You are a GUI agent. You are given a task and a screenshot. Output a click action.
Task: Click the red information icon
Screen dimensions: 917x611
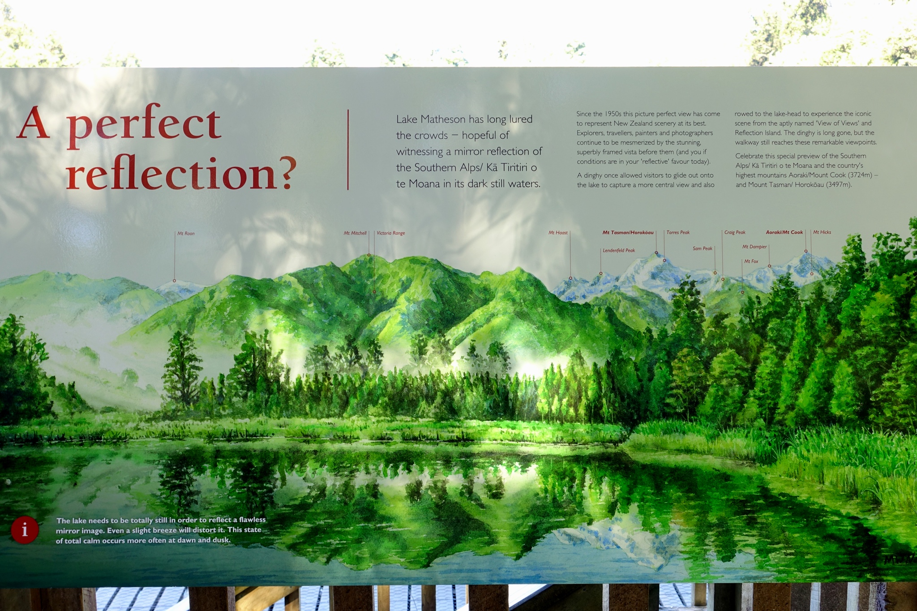pos(25,530)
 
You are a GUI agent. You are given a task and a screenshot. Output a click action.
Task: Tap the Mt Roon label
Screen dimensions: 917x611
pos(186,234)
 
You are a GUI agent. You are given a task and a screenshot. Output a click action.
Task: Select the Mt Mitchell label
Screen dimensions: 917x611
pos(355,233)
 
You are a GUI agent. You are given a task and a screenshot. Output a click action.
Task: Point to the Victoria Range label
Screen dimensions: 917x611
pos(391,233)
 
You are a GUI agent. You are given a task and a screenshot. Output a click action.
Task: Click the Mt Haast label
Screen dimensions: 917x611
pos(558,233)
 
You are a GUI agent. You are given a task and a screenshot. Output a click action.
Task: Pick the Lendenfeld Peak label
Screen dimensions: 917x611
pos(619,251)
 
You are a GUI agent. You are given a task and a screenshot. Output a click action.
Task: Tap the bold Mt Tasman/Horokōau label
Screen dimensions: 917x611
pos(628,233)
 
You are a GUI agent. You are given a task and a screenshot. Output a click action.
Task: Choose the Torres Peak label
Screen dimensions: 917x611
pos(678,233)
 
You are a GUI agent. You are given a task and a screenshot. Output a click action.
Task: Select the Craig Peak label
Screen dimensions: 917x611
pos(735,233)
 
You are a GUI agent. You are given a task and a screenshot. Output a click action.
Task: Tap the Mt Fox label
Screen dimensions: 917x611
pos(751,261)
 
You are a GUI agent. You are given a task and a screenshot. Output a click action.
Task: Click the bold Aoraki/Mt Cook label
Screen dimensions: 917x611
pos(784,232)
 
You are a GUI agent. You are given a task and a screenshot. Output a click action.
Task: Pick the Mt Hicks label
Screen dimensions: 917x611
pos(822,232)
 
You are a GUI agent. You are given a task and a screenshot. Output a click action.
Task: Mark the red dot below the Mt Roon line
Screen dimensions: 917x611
pos(175,281)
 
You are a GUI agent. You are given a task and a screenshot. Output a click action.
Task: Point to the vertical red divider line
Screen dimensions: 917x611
pos(348,150)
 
